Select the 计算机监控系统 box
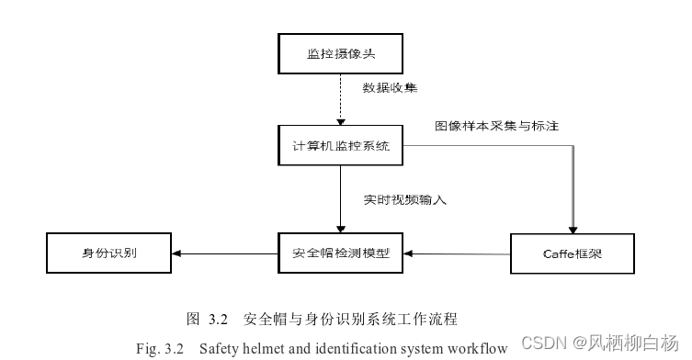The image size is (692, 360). tap(342, 146)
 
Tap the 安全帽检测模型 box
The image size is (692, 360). tap(341, 253)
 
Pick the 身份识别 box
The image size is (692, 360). tap(109, 253)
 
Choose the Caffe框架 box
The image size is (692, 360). tap(573, 253)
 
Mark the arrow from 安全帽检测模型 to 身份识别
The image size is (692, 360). tap(224, 253)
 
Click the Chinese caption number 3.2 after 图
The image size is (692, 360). tap(217, 320)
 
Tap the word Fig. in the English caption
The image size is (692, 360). tap(147, 349)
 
